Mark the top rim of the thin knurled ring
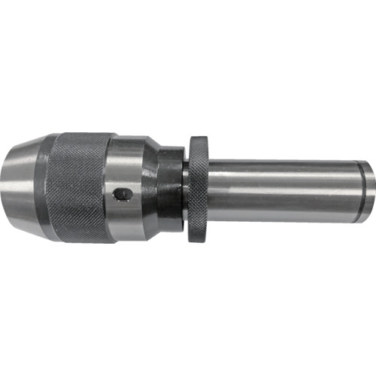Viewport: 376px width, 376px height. point(198,140)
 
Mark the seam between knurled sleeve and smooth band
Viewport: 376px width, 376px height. point(111,188)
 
